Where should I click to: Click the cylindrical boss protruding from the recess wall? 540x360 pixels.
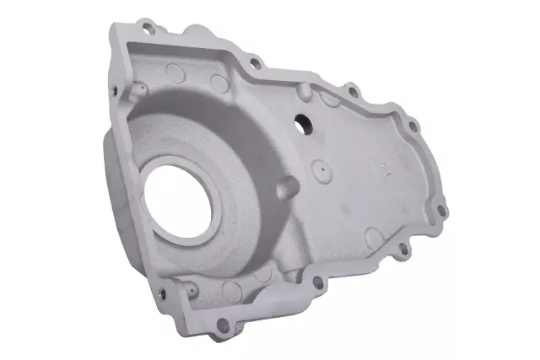click(x=286, y=184)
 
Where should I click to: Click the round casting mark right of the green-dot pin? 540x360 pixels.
click(x=231, y=292)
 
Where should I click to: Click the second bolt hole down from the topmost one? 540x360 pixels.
click(x=251, y=61)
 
